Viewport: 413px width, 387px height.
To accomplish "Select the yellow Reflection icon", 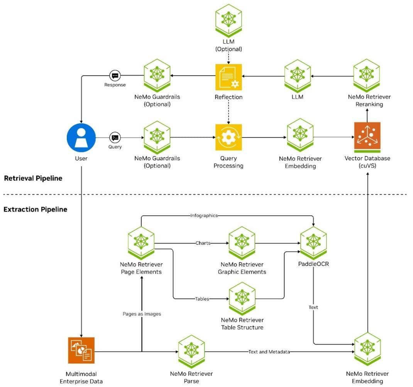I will coord(229,77).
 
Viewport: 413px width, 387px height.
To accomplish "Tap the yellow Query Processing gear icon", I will coord(229,137).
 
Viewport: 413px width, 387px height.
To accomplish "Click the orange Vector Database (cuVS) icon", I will coord(367,137).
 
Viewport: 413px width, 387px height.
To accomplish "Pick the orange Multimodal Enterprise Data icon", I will coord(81,350).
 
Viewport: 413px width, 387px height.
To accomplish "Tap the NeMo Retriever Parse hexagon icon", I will coord(191,351).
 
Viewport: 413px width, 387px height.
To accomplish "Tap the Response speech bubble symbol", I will coord(115,76).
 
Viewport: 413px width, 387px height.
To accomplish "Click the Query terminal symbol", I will coord(115,138).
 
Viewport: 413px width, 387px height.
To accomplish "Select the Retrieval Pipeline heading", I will coord(33,178).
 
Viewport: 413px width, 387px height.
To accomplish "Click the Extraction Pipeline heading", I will coord(35,209).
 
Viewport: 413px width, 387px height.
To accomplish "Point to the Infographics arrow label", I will coord(204,215).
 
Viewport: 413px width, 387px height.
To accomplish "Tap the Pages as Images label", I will coord(142,314).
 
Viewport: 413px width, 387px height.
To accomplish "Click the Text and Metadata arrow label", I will coord(269,352).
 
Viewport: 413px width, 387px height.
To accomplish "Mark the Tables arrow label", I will coord(202,299).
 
